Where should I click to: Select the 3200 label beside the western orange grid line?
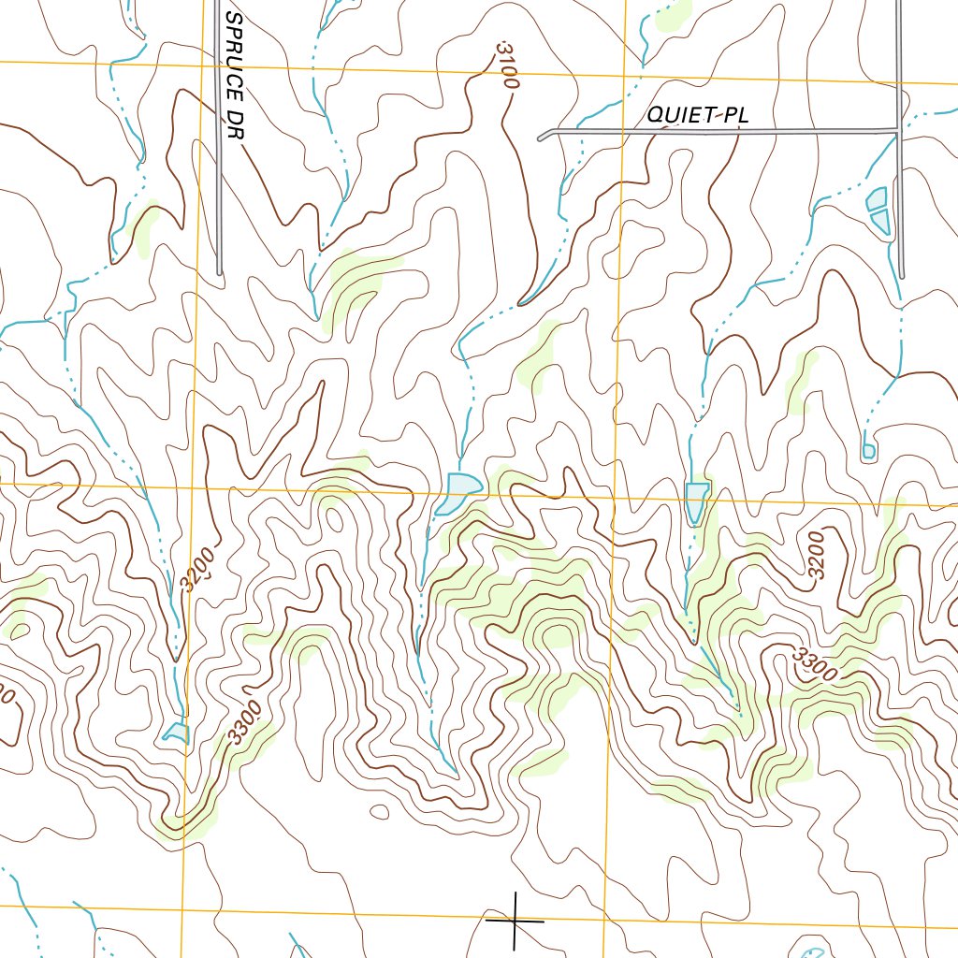pyautogui.click(x=198, y=568)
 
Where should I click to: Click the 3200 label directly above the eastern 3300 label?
pyautogui.click(x=817, y=556)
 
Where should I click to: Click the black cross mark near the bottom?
pyautogui.click(x=515, y=921)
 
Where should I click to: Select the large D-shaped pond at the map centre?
pyautogui.click(x=461, y=490)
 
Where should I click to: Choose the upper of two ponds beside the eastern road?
pyautogui.click(x=877, y=198)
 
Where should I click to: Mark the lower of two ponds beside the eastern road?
pyautogui.click(x=881, y=221)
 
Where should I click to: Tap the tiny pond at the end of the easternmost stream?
pyautogui.click(x=868, y=452)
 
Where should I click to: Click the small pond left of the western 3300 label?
pyautogui.click(x=176, y=731)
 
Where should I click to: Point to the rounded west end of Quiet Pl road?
pyautogui.click(x=542, y=138)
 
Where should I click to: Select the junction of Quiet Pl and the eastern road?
pyautogui.click(x=899, y=130)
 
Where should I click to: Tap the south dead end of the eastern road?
pyautogui.click(x=902, y=274)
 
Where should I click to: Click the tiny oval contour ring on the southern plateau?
pyautogui.click(x=379, y=812)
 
